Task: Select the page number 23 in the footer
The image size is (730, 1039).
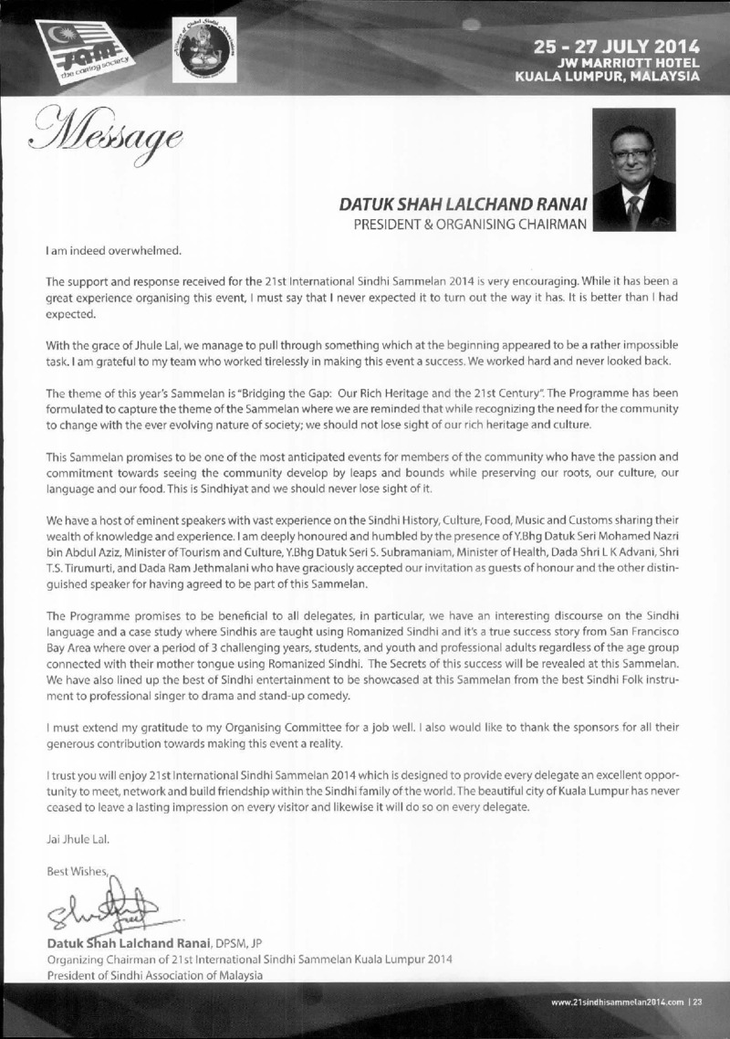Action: (697, 1002)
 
